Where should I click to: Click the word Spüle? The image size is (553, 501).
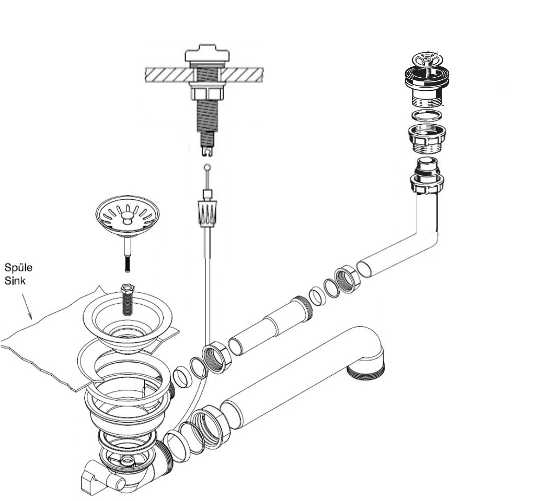coord(18,268)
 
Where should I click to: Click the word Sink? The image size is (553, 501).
coord(15,281)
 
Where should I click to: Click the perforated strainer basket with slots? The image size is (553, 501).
coord(128,218)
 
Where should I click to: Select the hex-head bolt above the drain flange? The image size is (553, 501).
coord(127,299)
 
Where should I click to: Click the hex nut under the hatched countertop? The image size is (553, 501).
coord(207,93)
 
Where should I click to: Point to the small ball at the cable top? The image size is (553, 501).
coord(208,167)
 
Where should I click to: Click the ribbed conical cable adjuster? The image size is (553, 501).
coord(207,214)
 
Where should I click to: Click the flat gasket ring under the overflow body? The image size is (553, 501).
coord(427,115)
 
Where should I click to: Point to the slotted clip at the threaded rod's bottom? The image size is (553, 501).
coord(207,151)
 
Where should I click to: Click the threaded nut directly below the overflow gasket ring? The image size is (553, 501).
coord(427,139)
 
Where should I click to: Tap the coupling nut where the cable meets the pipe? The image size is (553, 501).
coord(216,357)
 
